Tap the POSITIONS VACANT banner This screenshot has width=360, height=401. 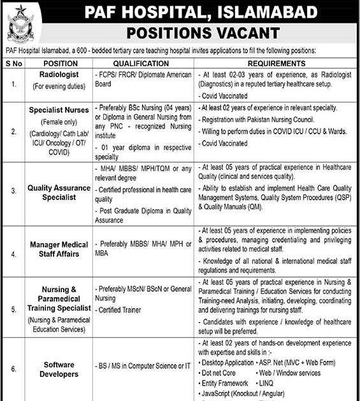click(x=203, y=32)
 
